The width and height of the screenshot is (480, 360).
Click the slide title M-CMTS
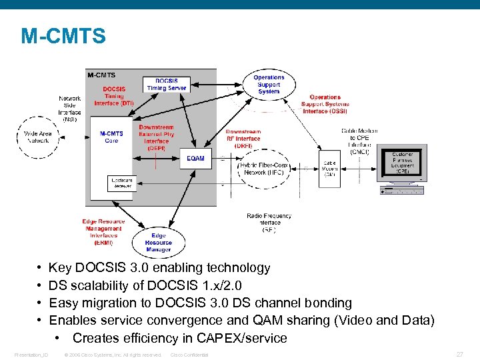click(x=63, y=36)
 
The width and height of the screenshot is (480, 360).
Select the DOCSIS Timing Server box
click(x=166, y=84)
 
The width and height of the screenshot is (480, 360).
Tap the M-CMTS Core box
click(x=111, y=137)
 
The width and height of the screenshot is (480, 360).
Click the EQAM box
click(x=196, y=159)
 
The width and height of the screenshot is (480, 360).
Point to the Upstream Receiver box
click(x=122, y=183)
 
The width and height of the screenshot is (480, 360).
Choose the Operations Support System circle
click(x=269, y=85)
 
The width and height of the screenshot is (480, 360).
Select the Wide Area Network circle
click(x=37, y=137)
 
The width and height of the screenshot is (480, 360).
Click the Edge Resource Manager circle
click(x=158, y=243)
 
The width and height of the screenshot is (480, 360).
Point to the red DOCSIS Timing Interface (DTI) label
click(x=118, y=96)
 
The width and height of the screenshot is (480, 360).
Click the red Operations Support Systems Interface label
click(x=325, y=104)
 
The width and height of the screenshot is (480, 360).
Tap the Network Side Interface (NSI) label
click(x=69, y=109)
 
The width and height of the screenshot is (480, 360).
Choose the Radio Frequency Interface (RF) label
click(x=269, y=223)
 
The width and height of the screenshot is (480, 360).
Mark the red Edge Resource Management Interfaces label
click(x=103, y=232)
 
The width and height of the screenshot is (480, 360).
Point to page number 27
click(x=459, y=354)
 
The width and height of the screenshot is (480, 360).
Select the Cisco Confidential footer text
click(x=189, y=355)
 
